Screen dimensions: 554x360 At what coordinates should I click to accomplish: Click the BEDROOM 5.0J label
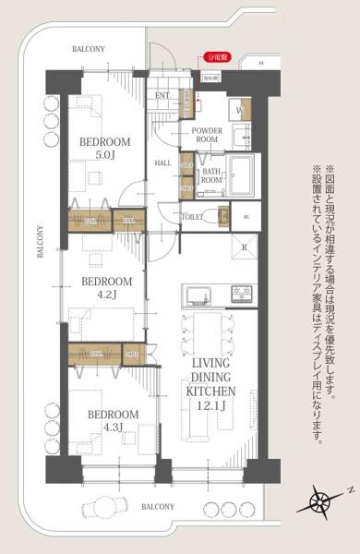[104, 149]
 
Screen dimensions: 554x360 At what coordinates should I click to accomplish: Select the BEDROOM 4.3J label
[114, 421]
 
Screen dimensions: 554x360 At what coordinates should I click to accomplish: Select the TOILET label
[193, 216]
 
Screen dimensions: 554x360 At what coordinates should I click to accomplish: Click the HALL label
[163, 163]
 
